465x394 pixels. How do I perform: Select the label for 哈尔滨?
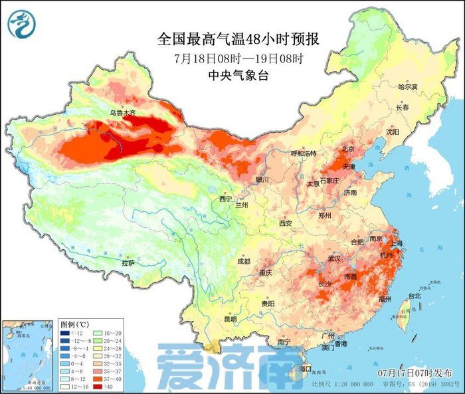[407, 87]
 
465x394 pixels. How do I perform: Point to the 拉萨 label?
[128, 263]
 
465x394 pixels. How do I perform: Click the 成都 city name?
[244, 261]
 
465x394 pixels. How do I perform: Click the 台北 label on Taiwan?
[414, 295]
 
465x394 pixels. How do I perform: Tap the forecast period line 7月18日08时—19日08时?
[238, 58]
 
